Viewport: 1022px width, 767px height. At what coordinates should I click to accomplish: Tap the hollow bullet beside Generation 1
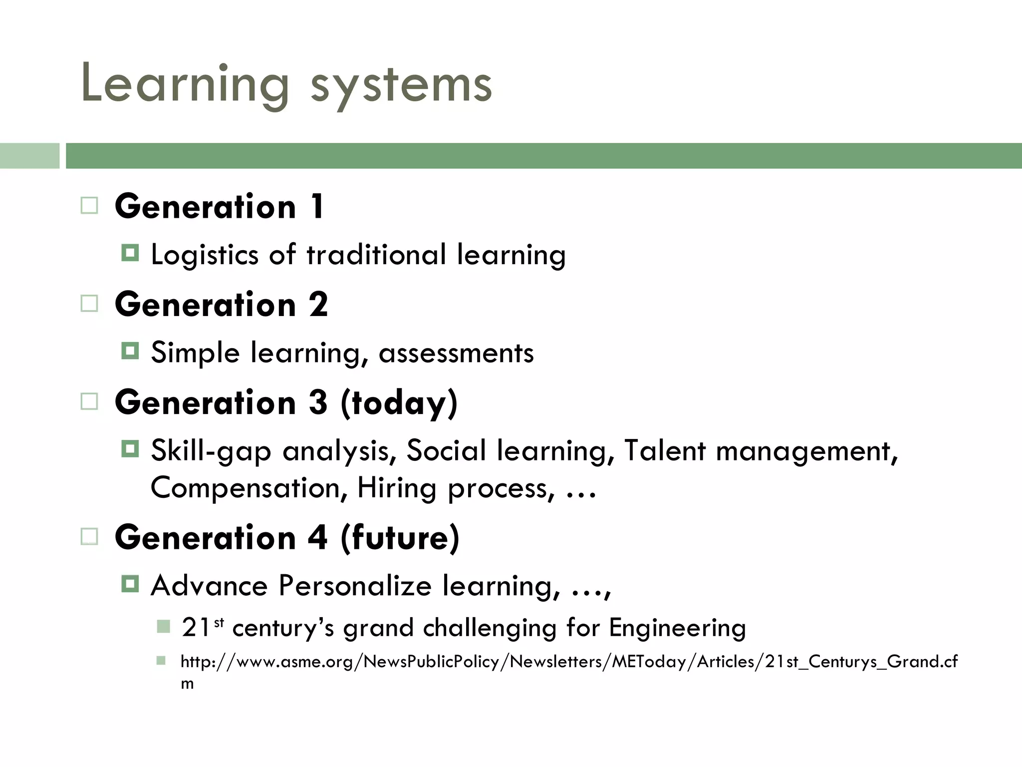point(89,205)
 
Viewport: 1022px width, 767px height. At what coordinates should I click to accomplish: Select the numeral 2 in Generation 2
point(318,304)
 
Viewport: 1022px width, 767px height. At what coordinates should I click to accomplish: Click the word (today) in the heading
point(399,403)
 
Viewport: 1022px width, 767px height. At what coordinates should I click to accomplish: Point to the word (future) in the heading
point(400,538)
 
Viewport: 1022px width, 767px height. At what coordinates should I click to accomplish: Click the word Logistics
point(205,255)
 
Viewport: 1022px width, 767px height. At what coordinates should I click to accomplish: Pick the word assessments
point(456,353)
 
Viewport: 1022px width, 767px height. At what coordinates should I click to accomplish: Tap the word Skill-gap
point(211,451)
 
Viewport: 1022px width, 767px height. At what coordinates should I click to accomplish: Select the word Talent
point(665,450)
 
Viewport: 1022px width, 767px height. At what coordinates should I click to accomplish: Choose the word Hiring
point(397,488)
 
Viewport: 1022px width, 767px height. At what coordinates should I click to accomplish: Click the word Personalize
point(355,585)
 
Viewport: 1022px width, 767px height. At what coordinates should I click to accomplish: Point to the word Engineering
point(677,628)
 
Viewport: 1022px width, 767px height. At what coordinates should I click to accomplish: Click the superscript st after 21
point(219,622)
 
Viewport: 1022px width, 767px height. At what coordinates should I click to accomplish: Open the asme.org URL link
point(569,662)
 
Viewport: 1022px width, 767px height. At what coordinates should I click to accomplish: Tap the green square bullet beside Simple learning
point(130,351)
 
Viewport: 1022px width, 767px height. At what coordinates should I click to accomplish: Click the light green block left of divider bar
point(29,155)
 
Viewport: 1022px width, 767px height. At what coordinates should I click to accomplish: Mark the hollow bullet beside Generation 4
point(89,537)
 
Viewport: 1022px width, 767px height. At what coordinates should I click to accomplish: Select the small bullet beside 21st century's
point(163,626)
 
